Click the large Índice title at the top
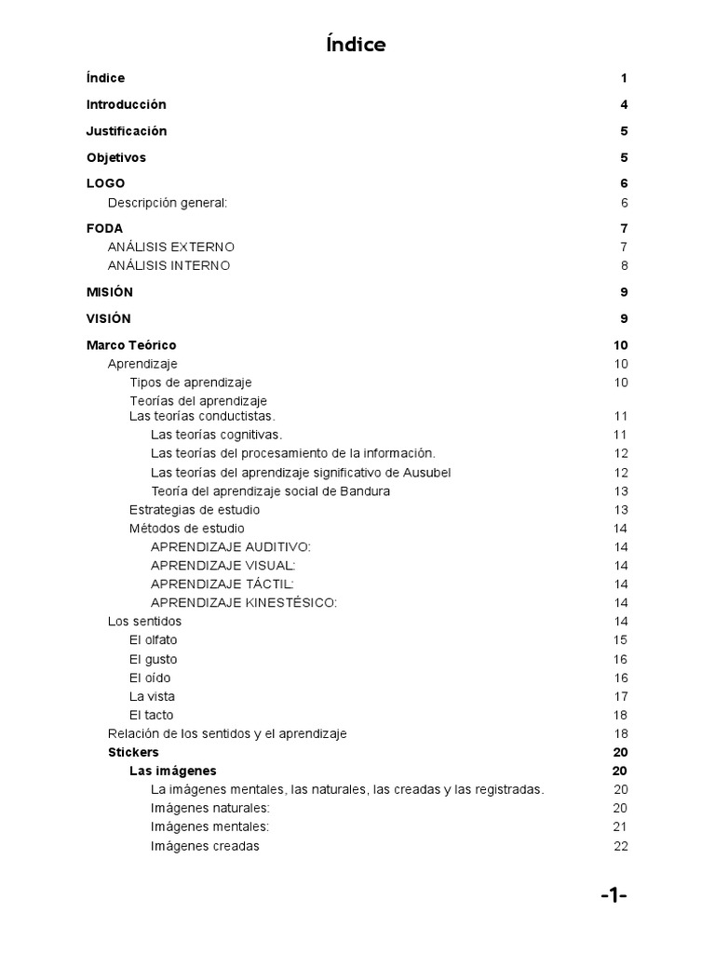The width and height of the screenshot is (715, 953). tap(357, 45)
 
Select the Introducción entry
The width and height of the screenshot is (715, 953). tap(126, 104)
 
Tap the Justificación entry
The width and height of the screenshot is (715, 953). tap(127, 131)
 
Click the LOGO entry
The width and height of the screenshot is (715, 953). tap(105, 183)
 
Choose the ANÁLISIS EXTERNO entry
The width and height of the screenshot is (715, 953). tap(171, 247)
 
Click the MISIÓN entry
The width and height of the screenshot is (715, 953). tap(110, 292)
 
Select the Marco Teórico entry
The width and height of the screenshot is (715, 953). tap(131, 345)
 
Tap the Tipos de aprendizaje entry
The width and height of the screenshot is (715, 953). tap(190, 383)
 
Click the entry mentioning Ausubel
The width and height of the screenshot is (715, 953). tap(301, 473)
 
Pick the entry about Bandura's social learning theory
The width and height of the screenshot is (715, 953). tap(270, 491)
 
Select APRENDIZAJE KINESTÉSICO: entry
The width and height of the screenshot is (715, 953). tap(244, 603)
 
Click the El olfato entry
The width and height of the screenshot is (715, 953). tap(154, 640)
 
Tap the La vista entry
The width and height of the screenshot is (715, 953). tap(152, 696)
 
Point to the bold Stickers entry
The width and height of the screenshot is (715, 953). tap(133, 752)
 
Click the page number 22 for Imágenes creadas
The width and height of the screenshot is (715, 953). tap(621, 846)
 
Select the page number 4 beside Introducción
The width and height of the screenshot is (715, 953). tap(625, 104)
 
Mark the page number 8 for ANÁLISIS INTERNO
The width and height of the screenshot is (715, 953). tap(625, 265)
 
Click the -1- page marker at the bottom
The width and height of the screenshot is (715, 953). tap(614, 896)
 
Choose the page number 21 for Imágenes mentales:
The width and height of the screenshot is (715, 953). tap(621, 827)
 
